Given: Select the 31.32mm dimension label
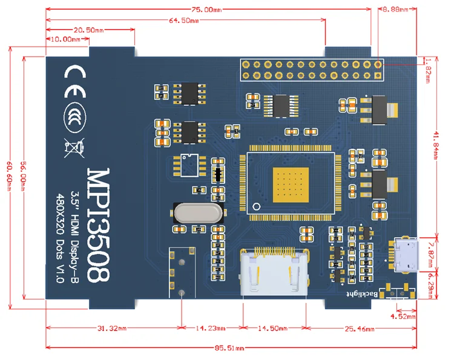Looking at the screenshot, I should (112, 329).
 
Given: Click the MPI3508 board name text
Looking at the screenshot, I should (99, 224).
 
